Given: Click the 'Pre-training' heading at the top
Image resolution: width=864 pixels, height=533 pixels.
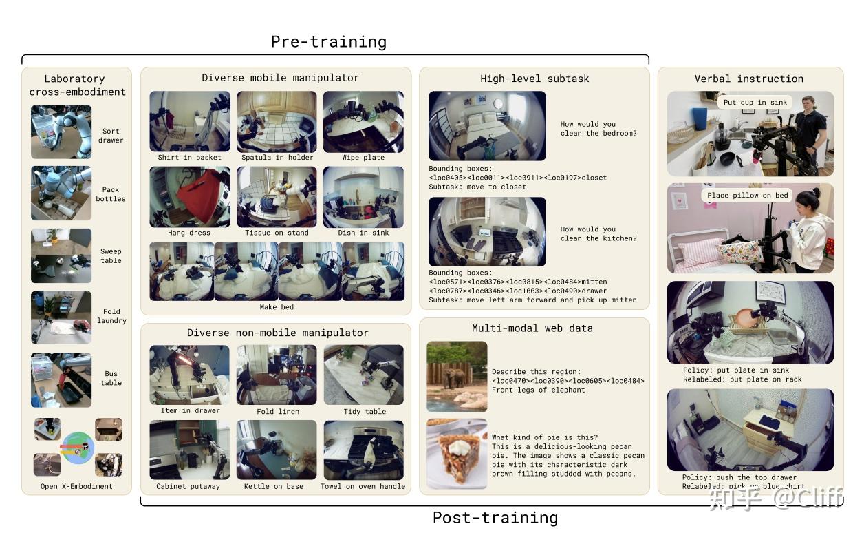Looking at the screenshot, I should (x=328, y=41).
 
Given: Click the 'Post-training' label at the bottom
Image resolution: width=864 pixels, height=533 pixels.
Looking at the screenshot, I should (x=495, y=518).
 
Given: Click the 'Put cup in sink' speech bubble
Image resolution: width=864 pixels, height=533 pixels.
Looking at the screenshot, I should (x=755, y=103).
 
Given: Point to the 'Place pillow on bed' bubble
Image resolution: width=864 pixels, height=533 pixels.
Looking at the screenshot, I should (x=748, y=196).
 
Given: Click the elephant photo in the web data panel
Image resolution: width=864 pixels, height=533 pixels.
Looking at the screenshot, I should (x=457, y=376).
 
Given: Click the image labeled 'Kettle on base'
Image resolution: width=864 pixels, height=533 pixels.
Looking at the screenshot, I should (x=277, y=450).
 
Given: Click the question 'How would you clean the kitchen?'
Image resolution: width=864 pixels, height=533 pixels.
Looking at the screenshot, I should (x=598, y=234).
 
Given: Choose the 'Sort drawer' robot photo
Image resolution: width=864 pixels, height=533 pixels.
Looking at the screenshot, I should (x=61, y=132).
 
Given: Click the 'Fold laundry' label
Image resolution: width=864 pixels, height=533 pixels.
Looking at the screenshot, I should (x=111, y=316).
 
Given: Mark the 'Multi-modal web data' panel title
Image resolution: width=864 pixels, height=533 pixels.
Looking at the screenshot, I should (x=532, y=328).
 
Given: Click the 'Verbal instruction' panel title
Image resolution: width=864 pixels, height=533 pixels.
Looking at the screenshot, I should (x=748, y=79).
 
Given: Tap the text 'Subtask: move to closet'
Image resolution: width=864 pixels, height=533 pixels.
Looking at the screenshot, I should (x=477, y=187).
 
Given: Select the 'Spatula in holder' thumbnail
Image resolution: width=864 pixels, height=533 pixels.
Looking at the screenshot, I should (x=277, y=121).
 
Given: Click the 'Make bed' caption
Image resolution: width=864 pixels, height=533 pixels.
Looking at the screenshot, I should (x=277, y=307).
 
